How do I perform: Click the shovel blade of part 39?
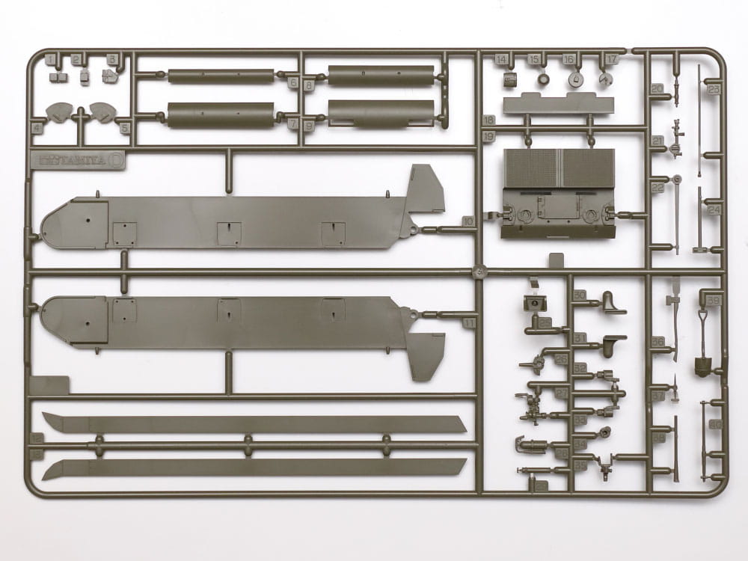(x=705, y=366)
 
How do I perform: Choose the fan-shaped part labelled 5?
(x=101, y=113)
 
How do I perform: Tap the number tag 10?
(x=467, y=221)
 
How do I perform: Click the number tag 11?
(x=468, y=322)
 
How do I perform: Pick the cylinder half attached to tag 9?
(x=381, y=113)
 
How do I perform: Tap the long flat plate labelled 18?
(x=554, y=104)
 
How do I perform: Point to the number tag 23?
(x=714, y=88)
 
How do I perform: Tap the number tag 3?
(x=112, y=59)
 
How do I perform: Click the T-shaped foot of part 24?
(x=699, y=248)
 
